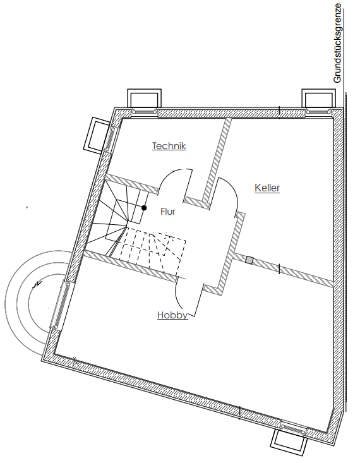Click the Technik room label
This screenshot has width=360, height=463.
[x=169, y=146]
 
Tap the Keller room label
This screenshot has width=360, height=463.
[x=267, y=188]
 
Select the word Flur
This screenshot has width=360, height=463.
[x=168, y=212]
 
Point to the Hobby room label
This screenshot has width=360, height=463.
[x=172, y=315]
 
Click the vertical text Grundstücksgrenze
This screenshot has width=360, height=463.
[x=337, y=43]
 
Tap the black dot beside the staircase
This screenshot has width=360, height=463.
[x=144, y=208]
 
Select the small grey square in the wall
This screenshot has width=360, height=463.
[x=249, y=260]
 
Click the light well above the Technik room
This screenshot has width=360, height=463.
[x=145, y=98]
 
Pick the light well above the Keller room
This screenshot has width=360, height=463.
[x=319, y=98]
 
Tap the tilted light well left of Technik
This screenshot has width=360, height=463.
[x=96, y=135]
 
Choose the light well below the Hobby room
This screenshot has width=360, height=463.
[x=289, y=443]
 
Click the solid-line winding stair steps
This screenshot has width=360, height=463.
[x=118, y=217]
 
